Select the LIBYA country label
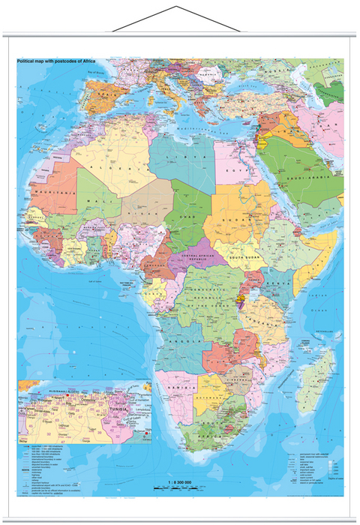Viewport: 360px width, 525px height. point(183,148)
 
